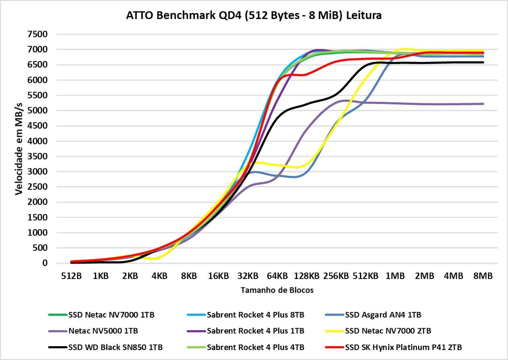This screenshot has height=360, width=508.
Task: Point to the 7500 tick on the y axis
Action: point(37,34)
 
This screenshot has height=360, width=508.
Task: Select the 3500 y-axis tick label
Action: point(37,156)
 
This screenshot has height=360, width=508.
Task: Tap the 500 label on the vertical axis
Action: point(40,248)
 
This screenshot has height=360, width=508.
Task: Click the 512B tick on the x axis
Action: point(71,276)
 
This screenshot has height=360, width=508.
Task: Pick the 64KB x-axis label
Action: point(277,276)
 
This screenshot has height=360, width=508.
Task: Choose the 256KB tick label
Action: point(336,276)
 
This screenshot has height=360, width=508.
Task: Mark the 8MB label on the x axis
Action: point(483,276)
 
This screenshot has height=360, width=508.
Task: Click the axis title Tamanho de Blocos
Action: point(277,290)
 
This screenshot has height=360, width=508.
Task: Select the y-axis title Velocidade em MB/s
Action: point(19,149)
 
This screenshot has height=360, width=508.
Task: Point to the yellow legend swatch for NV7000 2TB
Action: point(334,331)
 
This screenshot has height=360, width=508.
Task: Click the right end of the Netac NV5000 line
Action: point(483,104)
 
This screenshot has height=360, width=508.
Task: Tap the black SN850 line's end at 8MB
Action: point(483,62)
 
